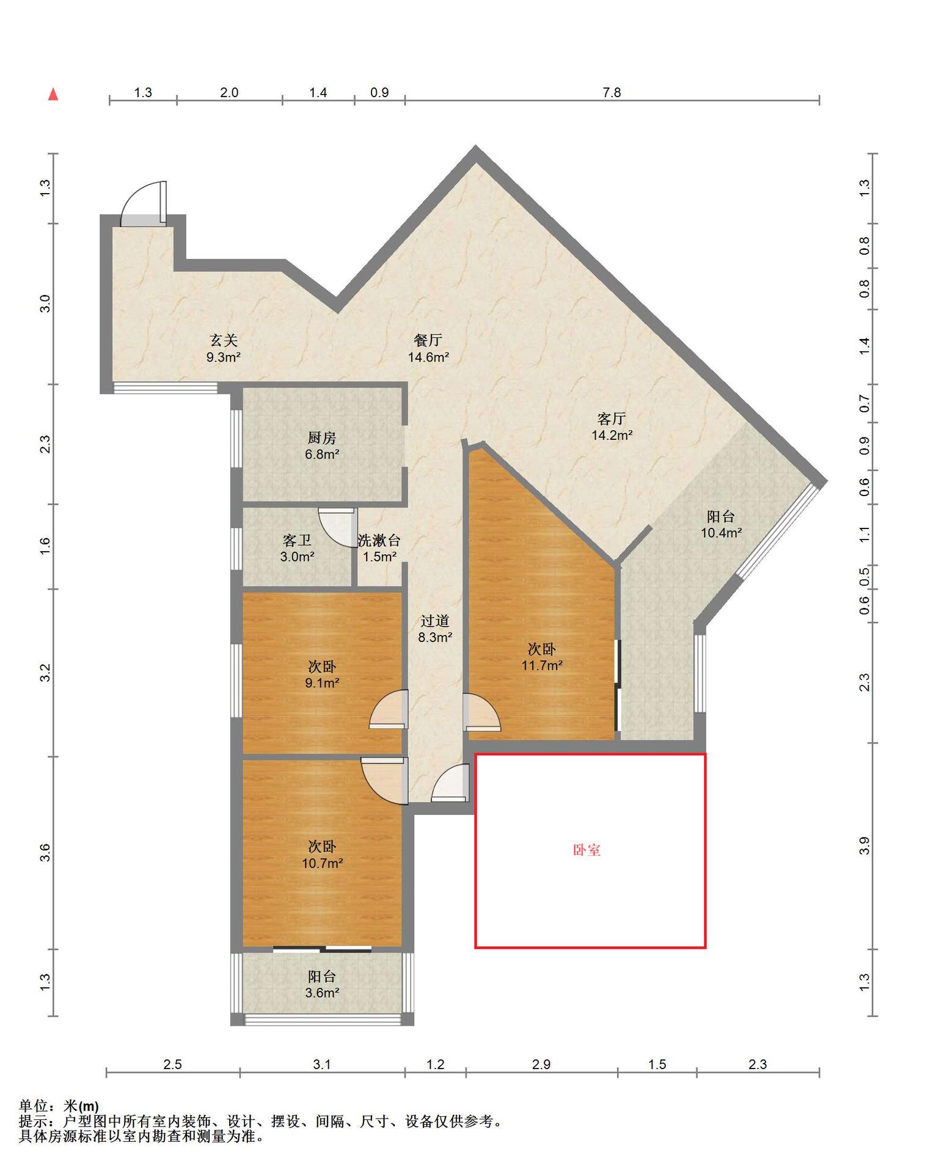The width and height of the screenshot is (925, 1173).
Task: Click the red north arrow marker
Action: click(53, 94)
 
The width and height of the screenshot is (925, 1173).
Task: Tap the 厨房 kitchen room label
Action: click(322, 446)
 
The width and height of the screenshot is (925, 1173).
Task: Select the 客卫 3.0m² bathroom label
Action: click(297, 548)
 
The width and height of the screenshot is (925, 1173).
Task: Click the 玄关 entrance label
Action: click(223, 349)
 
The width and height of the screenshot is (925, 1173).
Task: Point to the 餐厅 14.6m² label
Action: click(428, 349)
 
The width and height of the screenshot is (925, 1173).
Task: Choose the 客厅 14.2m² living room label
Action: click(612, 426)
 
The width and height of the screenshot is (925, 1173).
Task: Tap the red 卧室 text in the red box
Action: click(587, 850)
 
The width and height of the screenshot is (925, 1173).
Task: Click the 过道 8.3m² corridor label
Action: click(435, 629)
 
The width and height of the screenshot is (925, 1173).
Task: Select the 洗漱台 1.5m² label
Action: click(379, 548)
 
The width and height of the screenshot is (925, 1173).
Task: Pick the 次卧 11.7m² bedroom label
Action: click(542, 657)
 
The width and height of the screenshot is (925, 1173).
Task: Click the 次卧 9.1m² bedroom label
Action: click(322, 674)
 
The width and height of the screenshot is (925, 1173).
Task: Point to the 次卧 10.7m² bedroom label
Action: click(322, 855)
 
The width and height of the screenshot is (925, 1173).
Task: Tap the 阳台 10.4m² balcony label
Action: click(721, 524)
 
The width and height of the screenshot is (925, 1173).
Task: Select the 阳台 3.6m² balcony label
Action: click(322, 984)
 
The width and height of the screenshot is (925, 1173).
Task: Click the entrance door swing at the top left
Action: click(144, 203)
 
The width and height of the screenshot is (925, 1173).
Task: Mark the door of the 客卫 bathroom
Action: click(338, 527)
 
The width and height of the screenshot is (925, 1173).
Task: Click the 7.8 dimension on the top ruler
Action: click(612, 92)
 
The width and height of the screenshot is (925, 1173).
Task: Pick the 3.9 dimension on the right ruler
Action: click(864, 846)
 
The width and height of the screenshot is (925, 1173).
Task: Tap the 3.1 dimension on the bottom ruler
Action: click(322, 1064)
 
